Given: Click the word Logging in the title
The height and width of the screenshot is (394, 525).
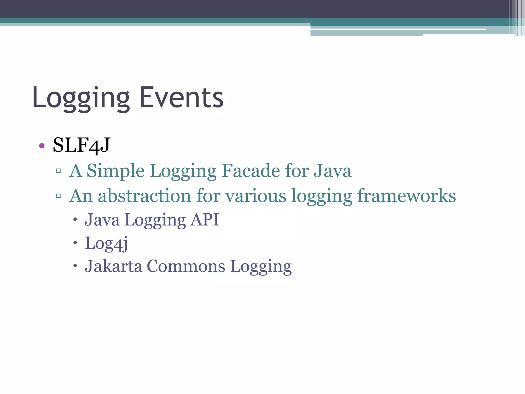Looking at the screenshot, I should (81, 98).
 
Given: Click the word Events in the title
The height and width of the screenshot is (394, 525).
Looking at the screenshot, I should (181, 97).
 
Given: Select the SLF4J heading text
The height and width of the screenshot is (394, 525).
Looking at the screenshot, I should (82, 145).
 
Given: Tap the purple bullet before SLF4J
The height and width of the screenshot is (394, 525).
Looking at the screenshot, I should (42, 146).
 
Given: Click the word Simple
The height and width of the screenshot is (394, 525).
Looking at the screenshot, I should (116, 171).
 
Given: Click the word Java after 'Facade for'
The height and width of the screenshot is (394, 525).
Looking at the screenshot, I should (332, 171).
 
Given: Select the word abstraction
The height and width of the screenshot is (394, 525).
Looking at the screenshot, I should (145, 196).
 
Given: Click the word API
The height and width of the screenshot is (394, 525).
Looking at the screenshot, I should (205, 220).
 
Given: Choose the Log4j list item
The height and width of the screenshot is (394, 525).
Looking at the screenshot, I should (106, 243).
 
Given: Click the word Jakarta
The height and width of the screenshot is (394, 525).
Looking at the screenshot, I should (113, 266).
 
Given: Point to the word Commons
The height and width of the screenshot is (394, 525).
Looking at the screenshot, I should (186, 266).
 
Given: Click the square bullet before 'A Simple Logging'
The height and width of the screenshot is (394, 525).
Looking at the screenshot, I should (58, 171).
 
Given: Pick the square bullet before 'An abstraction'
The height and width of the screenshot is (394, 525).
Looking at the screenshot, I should (58, 196).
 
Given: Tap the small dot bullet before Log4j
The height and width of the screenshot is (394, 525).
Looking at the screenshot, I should (75, 243).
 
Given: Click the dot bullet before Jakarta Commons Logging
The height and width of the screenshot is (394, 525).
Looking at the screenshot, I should (75, 266).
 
